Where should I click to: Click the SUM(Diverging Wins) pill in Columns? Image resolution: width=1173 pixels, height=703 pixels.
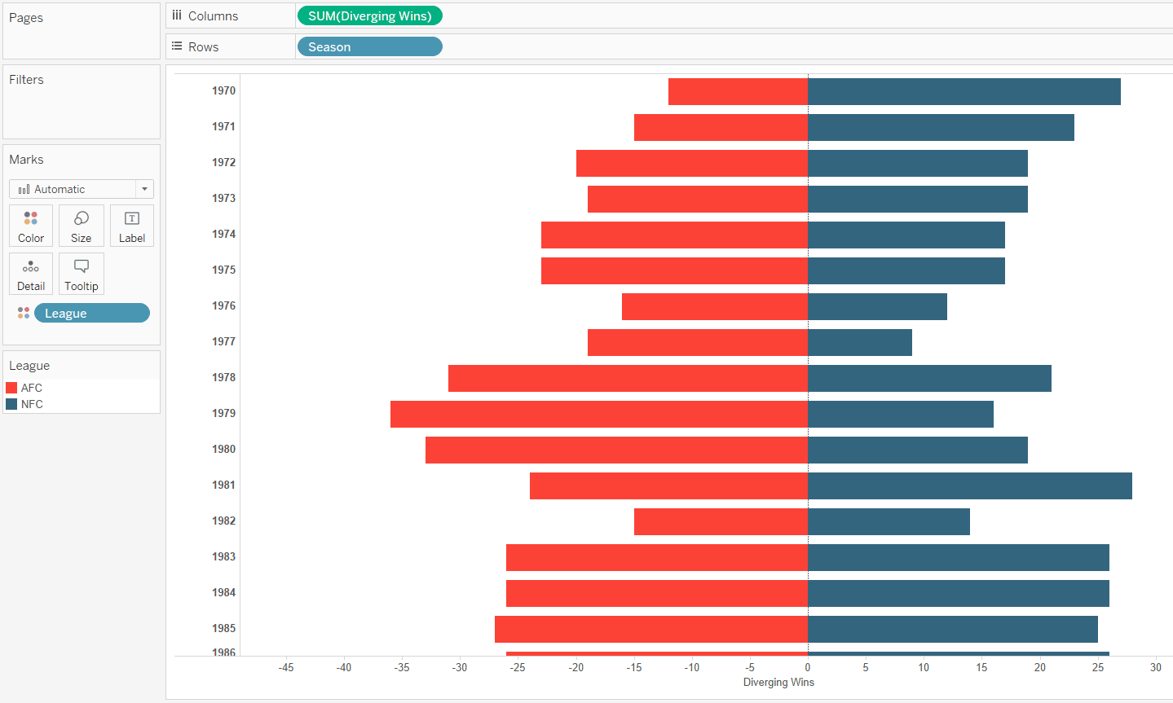[369, 16]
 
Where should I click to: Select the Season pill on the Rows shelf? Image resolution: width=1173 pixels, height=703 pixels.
[369, 47]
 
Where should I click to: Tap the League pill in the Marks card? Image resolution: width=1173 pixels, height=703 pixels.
[91, 314]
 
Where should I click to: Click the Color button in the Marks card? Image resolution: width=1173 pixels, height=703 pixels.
[31, 226]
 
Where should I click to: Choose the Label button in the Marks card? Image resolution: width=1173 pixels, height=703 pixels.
[131, 226]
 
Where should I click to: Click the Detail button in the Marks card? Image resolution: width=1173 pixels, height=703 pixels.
[31, 275]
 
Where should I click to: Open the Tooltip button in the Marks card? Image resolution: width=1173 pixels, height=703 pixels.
[81, 275]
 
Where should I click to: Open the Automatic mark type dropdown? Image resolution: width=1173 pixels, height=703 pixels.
[82, 189]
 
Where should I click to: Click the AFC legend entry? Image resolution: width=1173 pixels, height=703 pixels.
[31, 388]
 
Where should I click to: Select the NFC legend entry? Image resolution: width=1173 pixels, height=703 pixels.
[31, 404]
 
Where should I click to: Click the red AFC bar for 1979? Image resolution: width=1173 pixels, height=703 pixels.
[598, 414]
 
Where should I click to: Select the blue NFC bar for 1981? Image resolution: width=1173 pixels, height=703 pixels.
[969, 486]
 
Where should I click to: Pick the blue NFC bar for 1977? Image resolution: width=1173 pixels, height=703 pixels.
[859, 342]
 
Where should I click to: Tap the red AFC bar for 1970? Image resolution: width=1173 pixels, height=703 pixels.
[738, 91]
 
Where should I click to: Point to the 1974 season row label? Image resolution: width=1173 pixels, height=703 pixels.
[223, 235]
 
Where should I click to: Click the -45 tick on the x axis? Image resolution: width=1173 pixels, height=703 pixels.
[286, 667]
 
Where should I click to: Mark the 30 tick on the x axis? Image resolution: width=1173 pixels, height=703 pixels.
[1155, 667]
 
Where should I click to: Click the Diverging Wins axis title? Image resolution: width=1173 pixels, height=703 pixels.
[778, 683]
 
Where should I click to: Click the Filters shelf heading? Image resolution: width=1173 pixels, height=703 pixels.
[26, 80]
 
